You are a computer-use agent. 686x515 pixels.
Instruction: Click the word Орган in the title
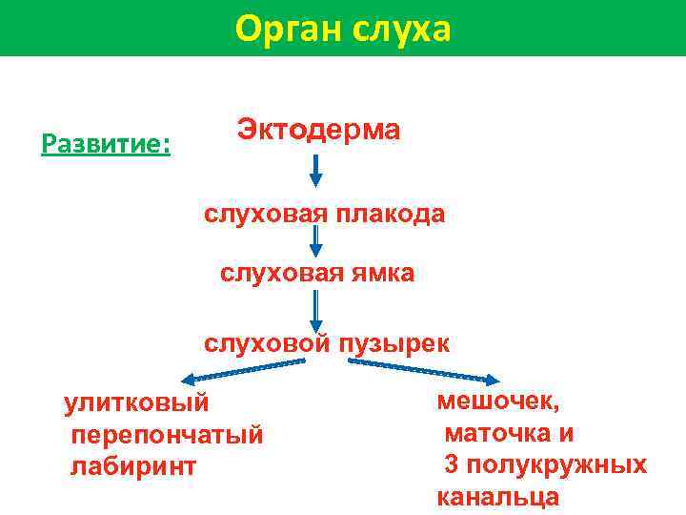click(x=288, y=29)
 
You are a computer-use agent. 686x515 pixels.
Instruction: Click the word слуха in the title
click(x=401, y=29)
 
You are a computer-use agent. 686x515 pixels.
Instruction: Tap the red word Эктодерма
click(x=318, y=130)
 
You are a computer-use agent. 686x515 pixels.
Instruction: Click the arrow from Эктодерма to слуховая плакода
click(x=316, y=171)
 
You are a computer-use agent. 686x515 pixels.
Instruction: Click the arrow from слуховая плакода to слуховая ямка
click(x=316, y=239)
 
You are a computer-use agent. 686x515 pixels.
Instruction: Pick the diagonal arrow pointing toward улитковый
click(x=244, y=370)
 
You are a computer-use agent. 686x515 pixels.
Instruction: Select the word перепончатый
click(x=167, y=435)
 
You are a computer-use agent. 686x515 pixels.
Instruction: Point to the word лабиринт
click(x=133, y=466)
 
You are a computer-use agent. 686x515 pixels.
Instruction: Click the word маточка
click(x=496, y=434)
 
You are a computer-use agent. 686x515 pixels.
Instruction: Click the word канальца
click(x=497, y=497)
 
